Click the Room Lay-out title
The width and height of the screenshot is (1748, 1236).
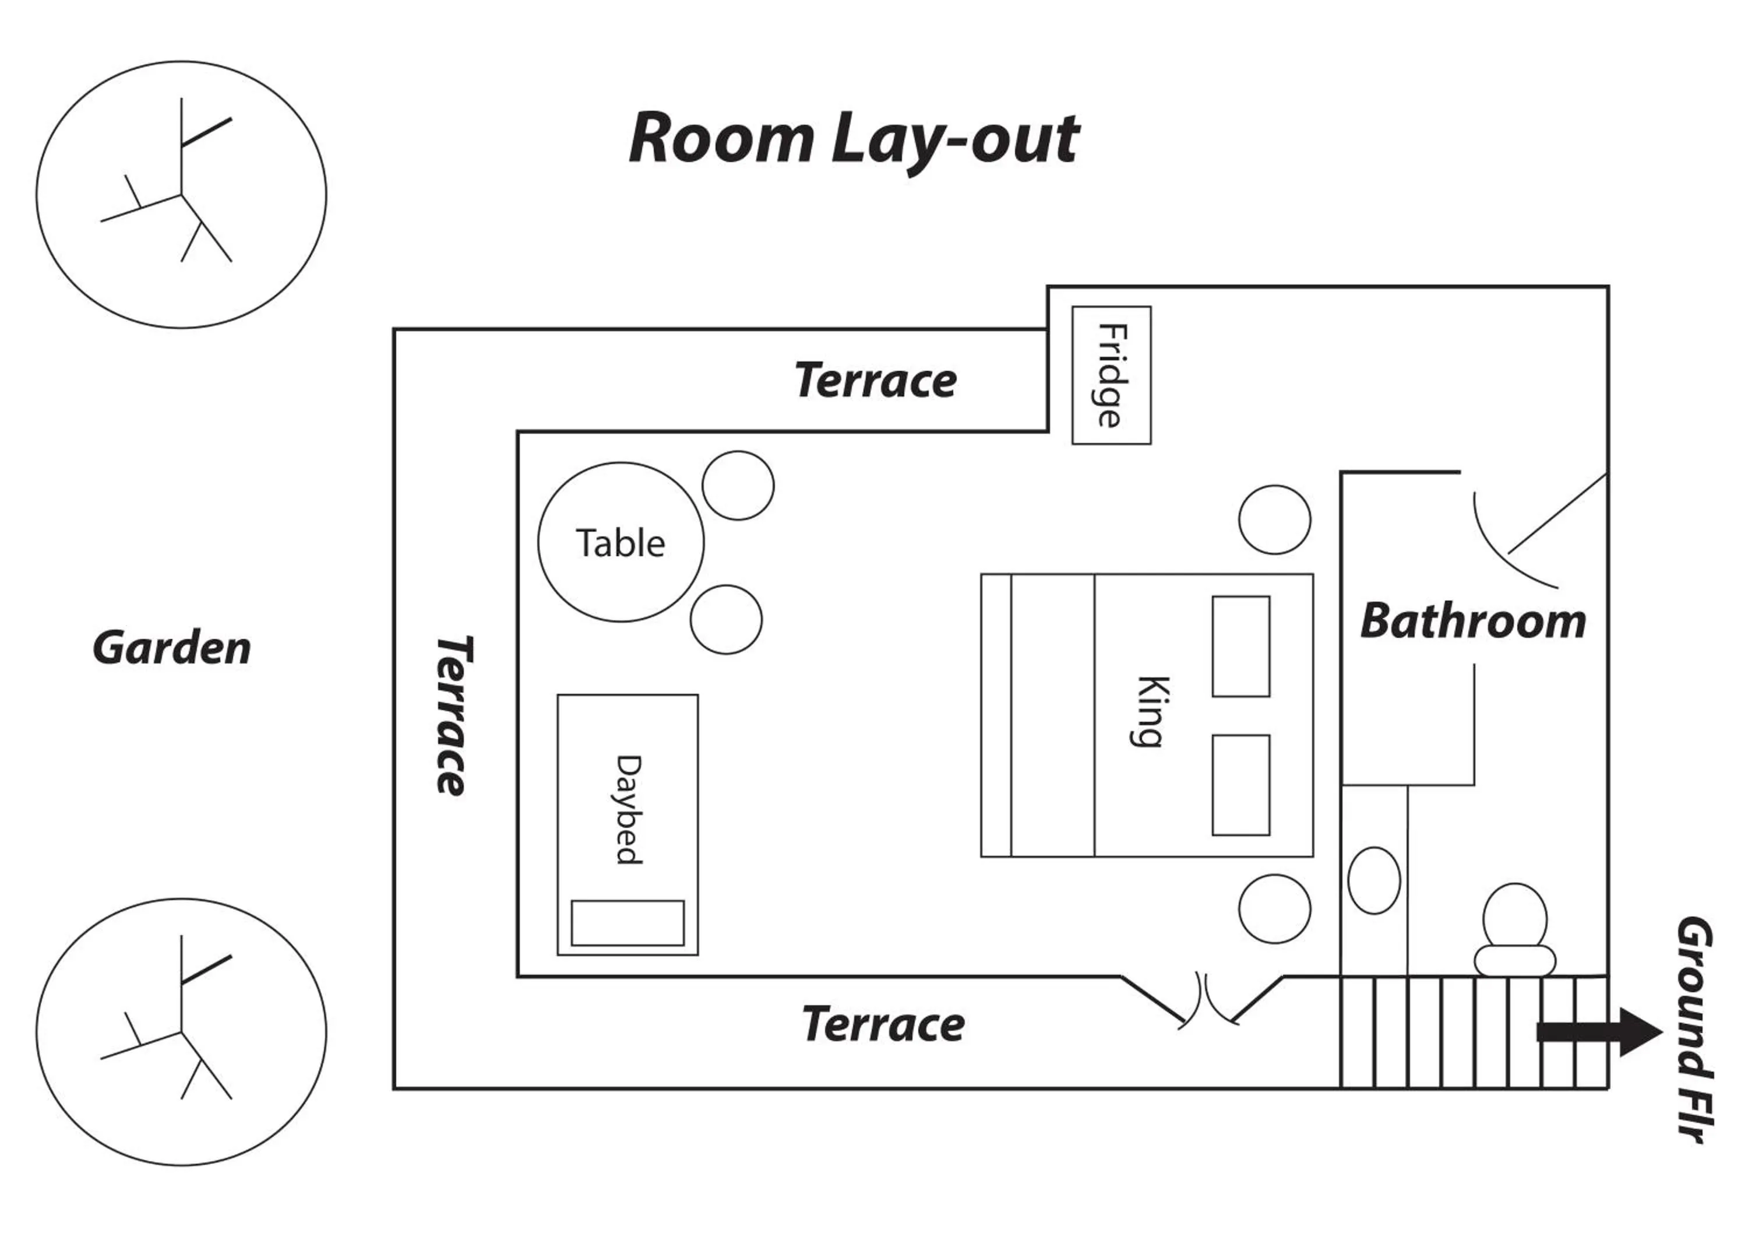click(852, 139)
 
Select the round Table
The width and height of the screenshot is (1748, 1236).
click(621, 542)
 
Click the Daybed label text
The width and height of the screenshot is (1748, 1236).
click(628, 810)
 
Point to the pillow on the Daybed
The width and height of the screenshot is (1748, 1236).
click(628, 923)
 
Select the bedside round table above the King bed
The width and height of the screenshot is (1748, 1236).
click(1274, 519)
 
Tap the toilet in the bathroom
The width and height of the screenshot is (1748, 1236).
click(1514, 928)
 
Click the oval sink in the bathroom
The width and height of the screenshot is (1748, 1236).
click(1373, 880)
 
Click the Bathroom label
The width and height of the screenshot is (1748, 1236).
click(1473, 621)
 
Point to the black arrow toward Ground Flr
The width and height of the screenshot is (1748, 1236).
click(1599, 1033)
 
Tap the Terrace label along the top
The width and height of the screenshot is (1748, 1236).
click(876, 380)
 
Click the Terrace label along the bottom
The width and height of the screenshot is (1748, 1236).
click(883, 1024)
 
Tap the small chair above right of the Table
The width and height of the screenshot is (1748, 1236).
click(738, 486)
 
